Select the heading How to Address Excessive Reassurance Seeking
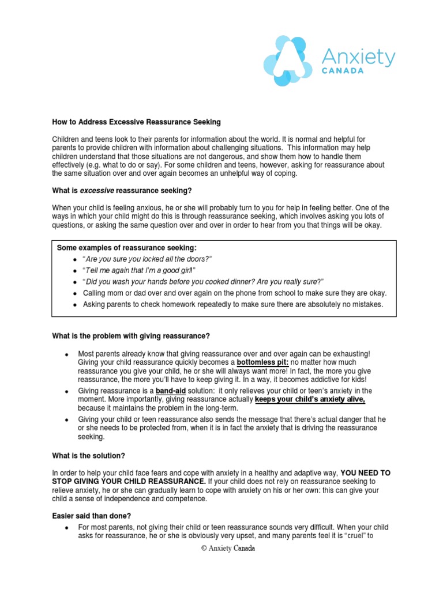[137, 123]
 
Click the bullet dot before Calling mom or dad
[75, 293]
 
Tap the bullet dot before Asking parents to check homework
[75, 305]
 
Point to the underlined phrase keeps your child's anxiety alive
[310, 399]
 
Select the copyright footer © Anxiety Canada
[227, 549]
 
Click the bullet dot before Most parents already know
[67, 354]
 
